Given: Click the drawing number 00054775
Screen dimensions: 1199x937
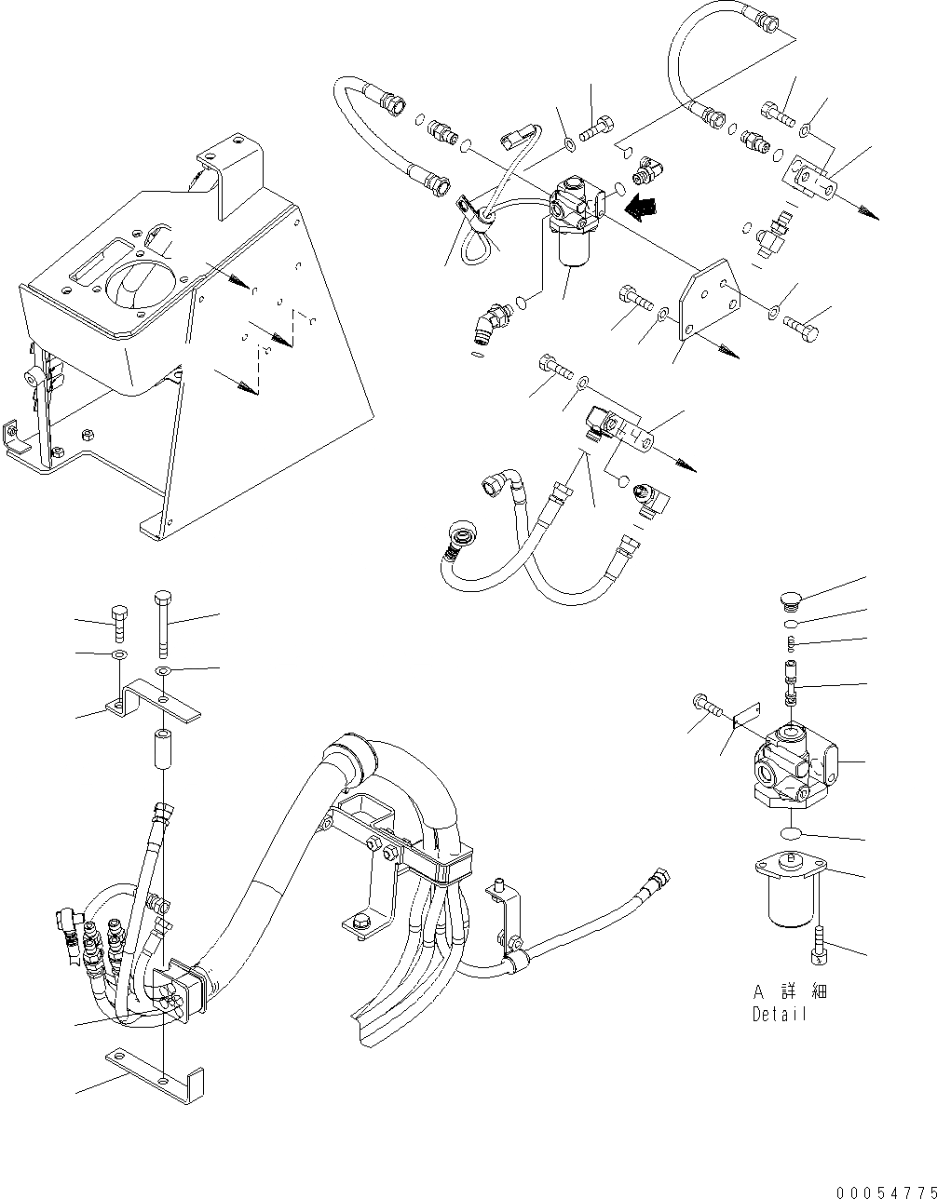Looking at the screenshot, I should coord(885,1192).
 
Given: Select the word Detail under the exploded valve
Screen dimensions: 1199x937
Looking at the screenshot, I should coord(781,1015).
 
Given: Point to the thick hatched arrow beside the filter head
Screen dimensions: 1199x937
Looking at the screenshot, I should coord(640,209).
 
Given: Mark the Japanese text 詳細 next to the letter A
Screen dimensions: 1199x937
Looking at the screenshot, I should coord(804,992).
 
